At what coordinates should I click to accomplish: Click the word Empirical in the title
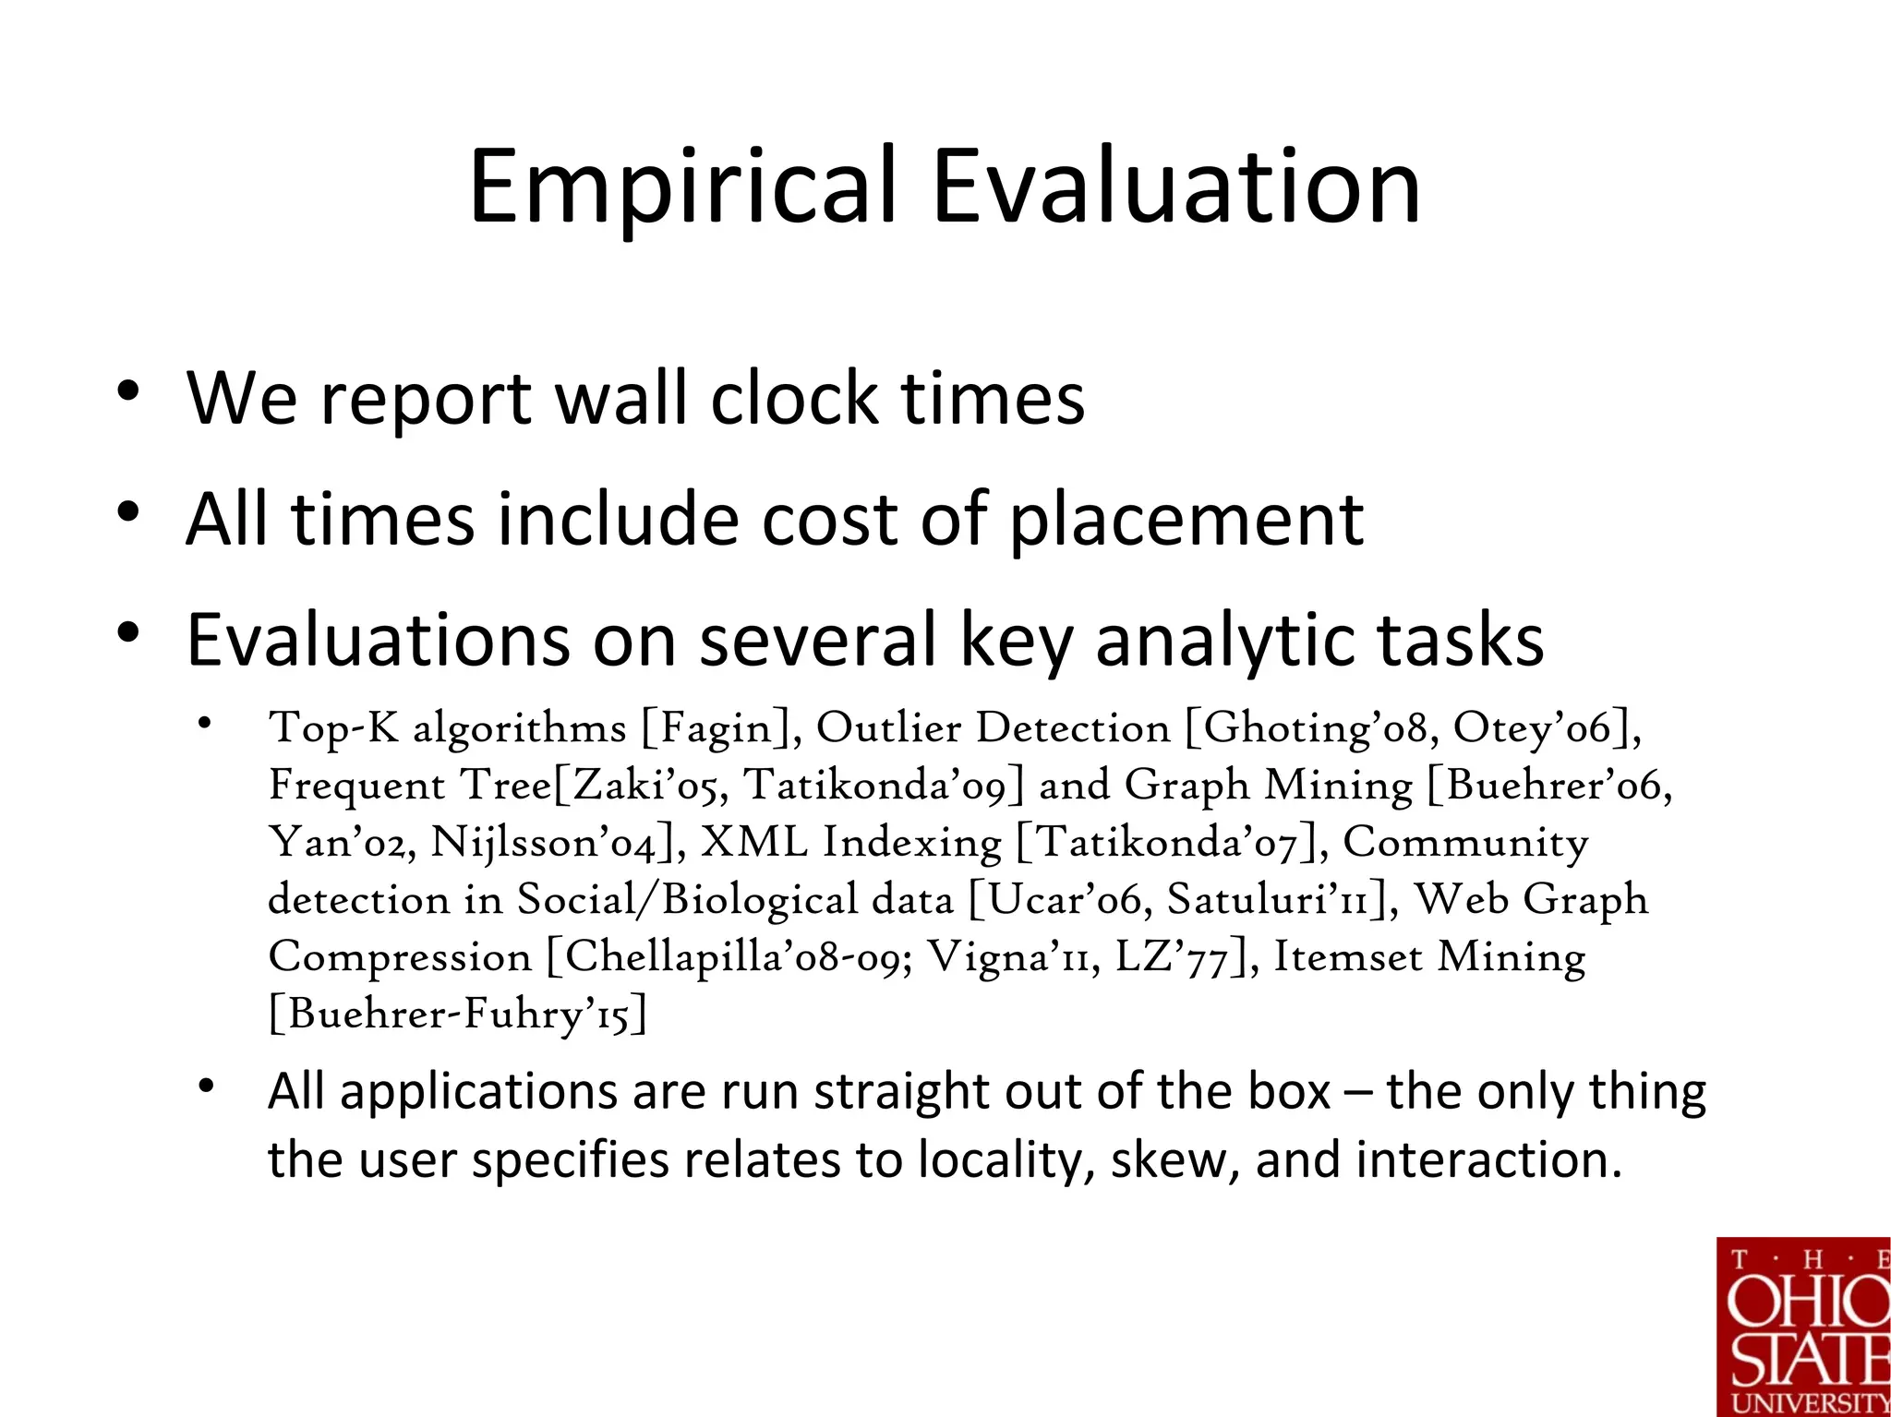click(682, 187)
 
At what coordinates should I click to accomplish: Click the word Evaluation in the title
click(1175, 187)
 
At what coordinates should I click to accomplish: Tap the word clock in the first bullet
click(794, 399)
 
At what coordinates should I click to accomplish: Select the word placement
click(1186, 521)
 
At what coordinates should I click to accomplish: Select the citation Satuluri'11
click(1267, 900)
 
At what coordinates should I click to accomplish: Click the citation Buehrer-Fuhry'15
click(458, 1015)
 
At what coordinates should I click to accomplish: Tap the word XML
click(754, 843)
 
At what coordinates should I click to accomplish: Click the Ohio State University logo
click(1802, 1327)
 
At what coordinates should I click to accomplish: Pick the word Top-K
click(333, 729)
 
